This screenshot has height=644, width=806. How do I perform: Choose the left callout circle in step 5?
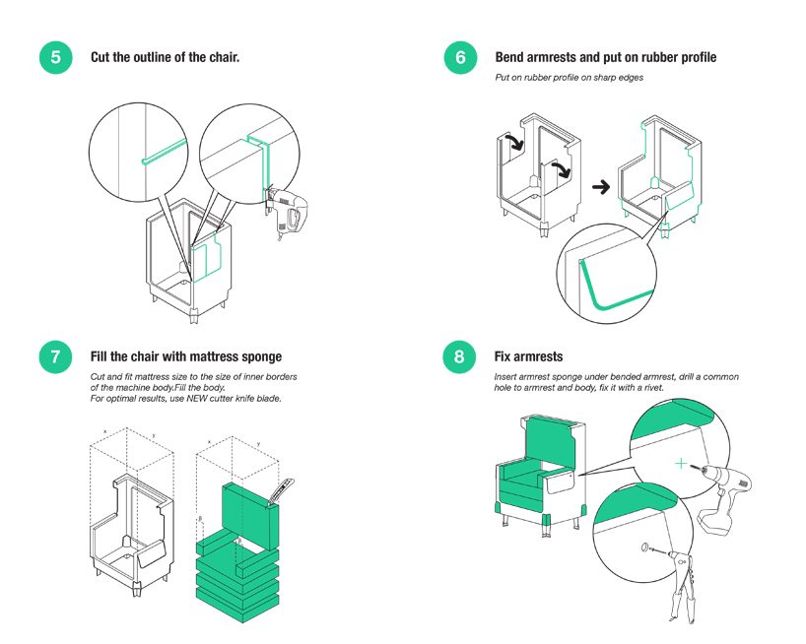click(142, 157)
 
